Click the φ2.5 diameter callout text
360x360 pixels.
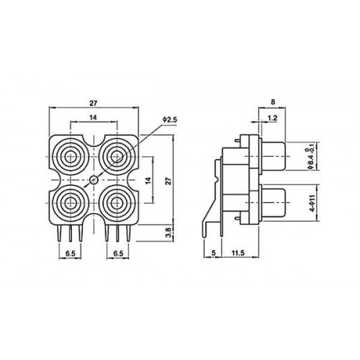(x=170, y=120)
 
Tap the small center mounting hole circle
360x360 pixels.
(x=94, y=180)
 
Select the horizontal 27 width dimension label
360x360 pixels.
(x=94, y=103)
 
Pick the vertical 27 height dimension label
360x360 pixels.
(x=169, y=181)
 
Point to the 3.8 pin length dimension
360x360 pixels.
(x=169, y=233)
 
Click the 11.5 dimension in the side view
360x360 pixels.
(x=238, y=253)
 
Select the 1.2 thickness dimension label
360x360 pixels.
(x=272, y=118)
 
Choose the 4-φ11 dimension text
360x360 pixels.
(x=312, y=203)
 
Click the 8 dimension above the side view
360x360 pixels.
(x=273, y=102)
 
